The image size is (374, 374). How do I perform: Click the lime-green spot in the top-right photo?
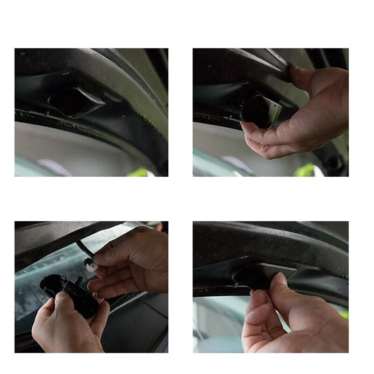(306, 171)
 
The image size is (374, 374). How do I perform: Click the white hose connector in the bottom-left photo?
(91, 265)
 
